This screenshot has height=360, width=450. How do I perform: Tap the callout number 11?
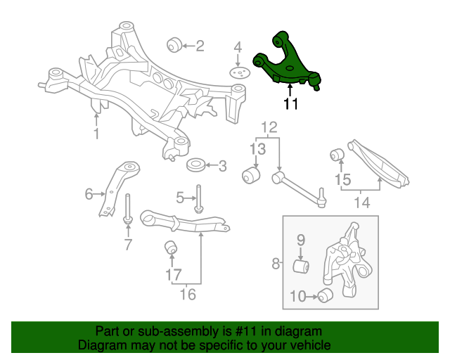coord(291,104)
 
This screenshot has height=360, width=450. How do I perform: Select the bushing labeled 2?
coord(174,46)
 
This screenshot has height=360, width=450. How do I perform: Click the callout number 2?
coord(200,46)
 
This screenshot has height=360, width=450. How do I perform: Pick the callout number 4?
coord(238,48)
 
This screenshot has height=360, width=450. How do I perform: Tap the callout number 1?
coord(96,134)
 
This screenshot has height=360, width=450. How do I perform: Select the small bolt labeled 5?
coord(199,196)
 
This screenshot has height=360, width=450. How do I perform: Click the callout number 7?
coord(128,245)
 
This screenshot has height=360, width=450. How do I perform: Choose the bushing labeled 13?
coord(251,174)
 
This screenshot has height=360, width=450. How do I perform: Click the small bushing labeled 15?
coord(337,153)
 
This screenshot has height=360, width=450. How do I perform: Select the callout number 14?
coord(361,203)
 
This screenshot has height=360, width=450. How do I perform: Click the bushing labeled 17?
coord(169,248)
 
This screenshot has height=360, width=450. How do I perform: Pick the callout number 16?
coord(188,294)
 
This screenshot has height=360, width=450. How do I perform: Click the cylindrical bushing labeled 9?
coord(301,266)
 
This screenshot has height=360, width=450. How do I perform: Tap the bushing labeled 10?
coord(325,296)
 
